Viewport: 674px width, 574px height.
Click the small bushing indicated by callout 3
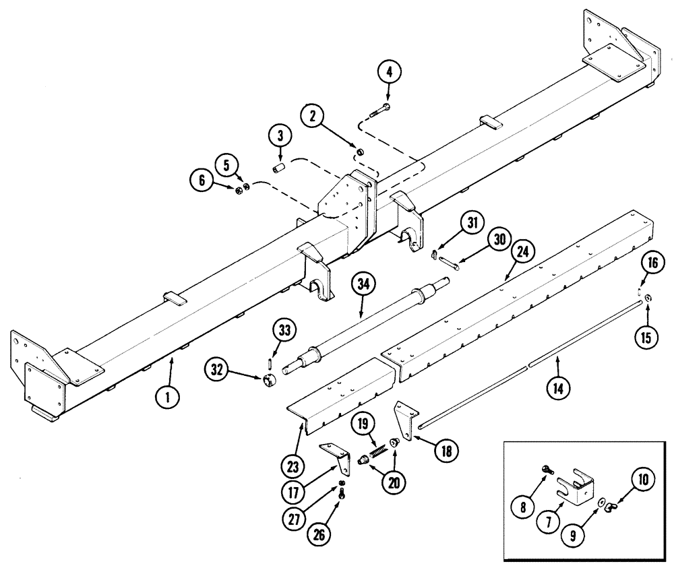(x=279, y=166)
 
